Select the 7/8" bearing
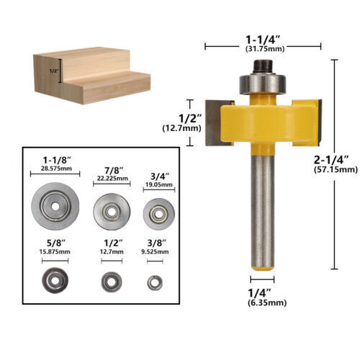point(111,210)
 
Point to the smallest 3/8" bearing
point(154,282)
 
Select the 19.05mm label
point(158,184)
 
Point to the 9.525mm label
point(154,253)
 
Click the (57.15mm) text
point(336,170)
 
